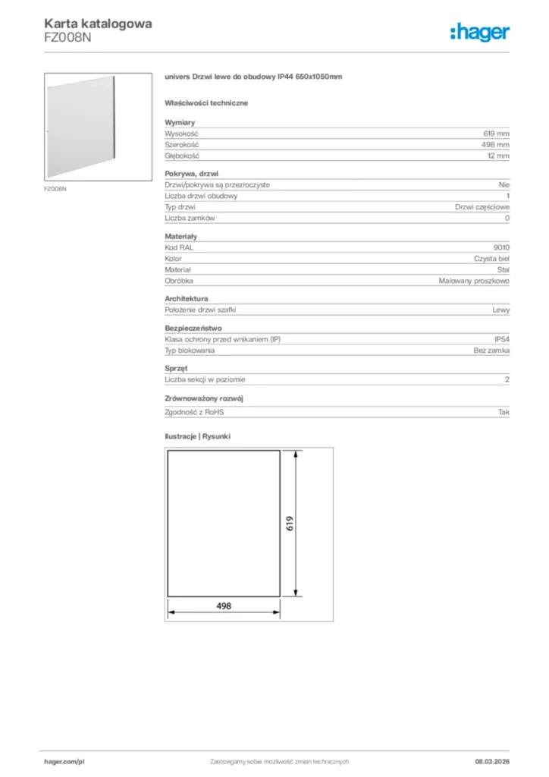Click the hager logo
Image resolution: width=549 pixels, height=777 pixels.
(479, 32)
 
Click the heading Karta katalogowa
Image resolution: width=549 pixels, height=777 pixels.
(98, 24)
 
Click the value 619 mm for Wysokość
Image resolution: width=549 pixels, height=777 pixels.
(496, 133)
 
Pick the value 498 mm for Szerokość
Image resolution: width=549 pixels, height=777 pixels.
(496, 144)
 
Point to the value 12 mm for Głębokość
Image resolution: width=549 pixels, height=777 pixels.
(498, 156)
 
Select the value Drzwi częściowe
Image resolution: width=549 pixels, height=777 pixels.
(482, 207)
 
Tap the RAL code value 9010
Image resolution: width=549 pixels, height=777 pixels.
(501, 247)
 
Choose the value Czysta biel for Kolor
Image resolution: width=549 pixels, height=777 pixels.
(491, 259)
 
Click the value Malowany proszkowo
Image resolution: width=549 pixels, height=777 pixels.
(474, 281)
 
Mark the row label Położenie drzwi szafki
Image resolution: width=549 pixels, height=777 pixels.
(199, 310)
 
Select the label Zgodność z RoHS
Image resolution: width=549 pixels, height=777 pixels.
(195, 412)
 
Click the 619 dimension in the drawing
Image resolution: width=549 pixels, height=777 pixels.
(290, 523)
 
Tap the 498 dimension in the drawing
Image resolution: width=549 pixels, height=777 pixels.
(223, 606)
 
